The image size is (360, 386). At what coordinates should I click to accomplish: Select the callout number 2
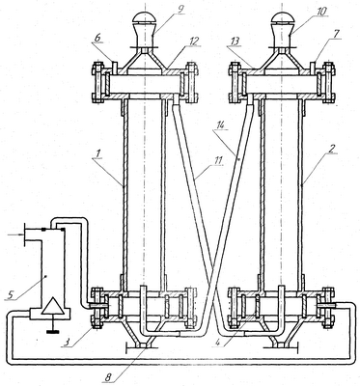pos(331,149)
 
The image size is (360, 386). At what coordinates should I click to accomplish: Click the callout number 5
pos(11,293)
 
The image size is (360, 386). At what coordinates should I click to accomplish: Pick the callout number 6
pos(97,38)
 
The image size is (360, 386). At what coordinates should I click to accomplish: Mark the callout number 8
pos(108,377)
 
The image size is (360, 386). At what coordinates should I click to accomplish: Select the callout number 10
pos(320,12)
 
